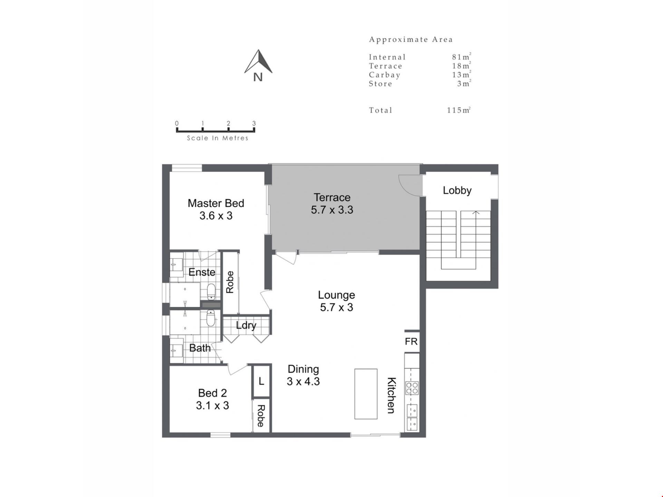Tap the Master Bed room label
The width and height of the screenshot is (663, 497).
coord(216,203)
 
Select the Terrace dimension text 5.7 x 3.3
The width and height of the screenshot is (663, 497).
coord(332,210)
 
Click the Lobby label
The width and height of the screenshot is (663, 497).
coord(457,191)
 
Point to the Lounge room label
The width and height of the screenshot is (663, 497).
coord(336,295)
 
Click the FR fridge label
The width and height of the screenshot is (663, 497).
coord(411,341)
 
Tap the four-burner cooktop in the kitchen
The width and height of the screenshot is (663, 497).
coord(412,388)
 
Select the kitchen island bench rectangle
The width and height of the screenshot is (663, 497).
coord(366,394)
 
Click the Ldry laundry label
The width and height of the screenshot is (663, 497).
coord(246,325)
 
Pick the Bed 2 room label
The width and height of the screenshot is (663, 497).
coord(212,393)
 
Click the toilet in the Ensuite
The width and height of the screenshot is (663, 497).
coord(211,292)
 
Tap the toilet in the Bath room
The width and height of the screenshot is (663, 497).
coord(211,318)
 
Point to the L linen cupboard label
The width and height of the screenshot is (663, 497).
coord(261,381)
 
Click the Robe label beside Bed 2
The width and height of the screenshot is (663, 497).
coord(261,416)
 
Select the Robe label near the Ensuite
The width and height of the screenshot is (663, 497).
coord(230,282)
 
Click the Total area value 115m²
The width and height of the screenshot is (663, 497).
coord(459,110)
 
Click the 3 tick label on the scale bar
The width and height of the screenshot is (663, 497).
coord(254,123)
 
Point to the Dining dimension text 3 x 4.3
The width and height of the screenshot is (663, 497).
coord(303,382)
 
